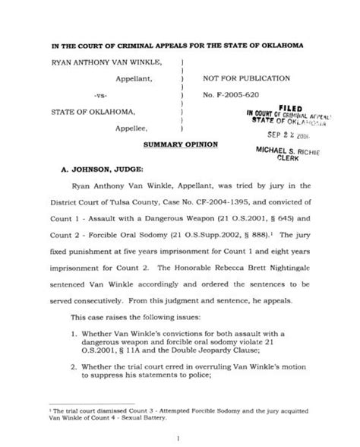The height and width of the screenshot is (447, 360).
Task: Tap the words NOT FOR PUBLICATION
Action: click(x=246, y=78)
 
